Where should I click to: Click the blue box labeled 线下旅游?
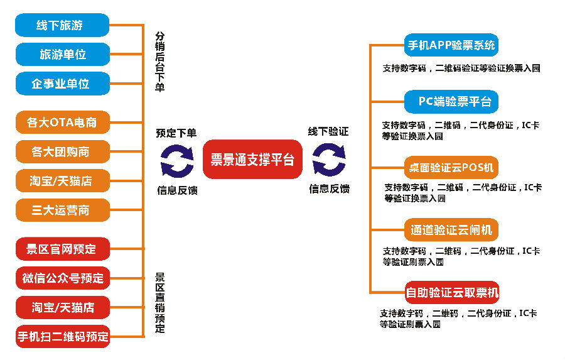pyautogui.click(x=62, y=25)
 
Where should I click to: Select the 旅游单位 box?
pyautogui.click(x=62, y=55)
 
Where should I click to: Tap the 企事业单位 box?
pyautogui.click(x=62, y=84)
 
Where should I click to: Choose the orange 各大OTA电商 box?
pyautogui.click(x=62, y=122)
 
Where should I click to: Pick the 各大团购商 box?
pyautogui.click(x=62, y=151)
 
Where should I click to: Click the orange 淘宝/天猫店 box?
pyautogui.click(x=62, y=181)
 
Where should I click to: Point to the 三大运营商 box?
pyautogui.click(x=62, y=210)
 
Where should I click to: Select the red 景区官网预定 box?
pyautogui.click(x=62, y=249)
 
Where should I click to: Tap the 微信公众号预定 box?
pyautogui.click(x=62, y=278)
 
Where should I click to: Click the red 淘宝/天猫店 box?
pyautogui.click(x=62, y=307)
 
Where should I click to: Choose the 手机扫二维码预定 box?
pyautogui.click(x=62, y=336)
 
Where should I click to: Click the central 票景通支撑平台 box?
pyautogui.click(x=252, y=160)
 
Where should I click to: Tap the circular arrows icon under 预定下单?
pyautogui.click(x=177, y=160)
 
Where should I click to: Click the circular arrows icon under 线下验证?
pyautogui.click(x=329, y=160)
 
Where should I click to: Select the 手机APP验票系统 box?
pyautogui.click(x=451, y=45)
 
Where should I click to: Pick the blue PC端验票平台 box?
pyautogui.click(x=451, y=101)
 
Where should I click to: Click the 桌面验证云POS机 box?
pyautogui.click(x=451, y=168)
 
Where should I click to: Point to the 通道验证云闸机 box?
pyautogui.click(x=451, y=230)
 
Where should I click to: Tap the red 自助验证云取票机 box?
pyautogui.click(x=451, y=292)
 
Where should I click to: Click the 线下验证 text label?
pyautogui.click(x=328, y=132)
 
